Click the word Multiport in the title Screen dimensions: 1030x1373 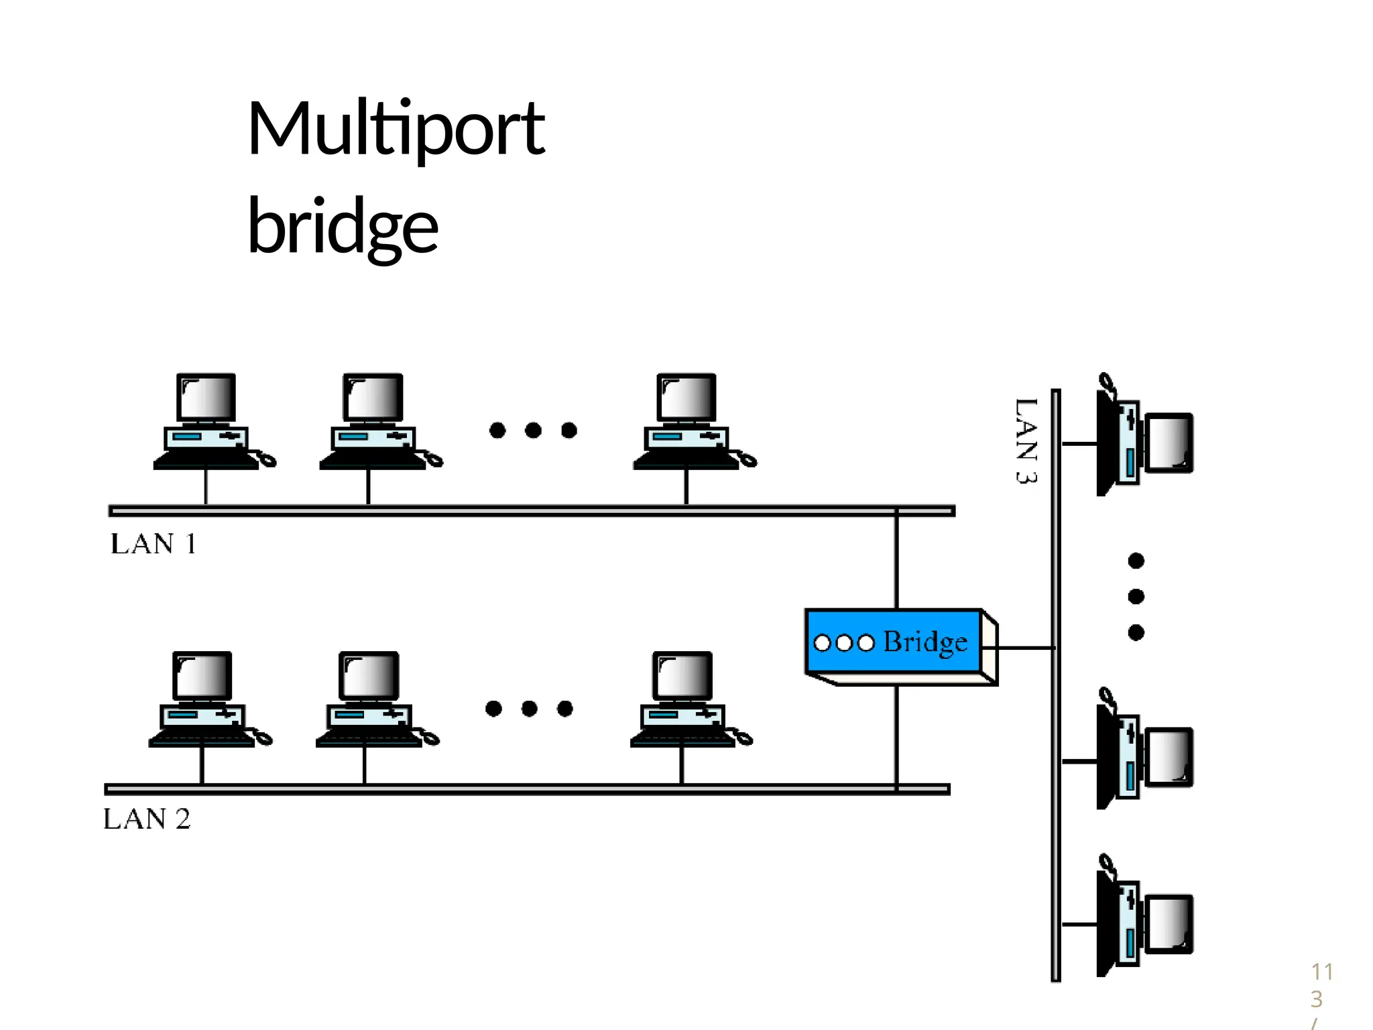pos(396,129)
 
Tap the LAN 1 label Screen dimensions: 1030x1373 pos(153,544)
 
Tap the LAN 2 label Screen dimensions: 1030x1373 pos(147,819)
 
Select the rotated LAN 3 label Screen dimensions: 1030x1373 pos(1026,441)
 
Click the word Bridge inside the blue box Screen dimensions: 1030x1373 pos(925,642)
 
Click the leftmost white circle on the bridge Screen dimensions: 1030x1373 pos(822,643)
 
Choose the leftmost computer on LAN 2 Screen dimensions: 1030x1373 pos(203,699)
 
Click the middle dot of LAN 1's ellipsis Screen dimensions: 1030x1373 pos(533,430)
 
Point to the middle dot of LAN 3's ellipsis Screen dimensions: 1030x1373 pos(1136,596)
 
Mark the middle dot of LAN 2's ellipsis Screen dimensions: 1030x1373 pos(529,708)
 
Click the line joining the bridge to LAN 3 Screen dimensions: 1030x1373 pos(1026,648)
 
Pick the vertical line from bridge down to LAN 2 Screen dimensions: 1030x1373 pos(896,734)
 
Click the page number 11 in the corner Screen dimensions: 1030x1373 pos(1322,972)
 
